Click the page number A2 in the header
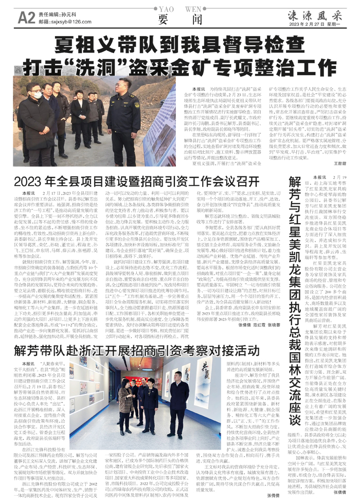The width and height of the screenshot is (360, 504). [26, 18]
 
